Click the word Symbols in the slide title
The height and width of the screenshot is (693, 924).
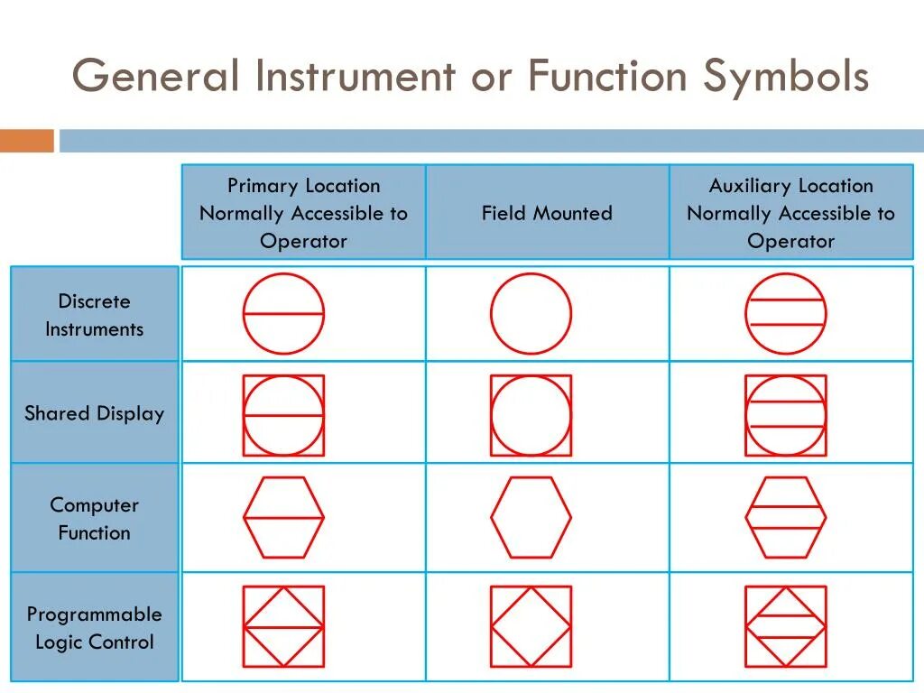point(785,76)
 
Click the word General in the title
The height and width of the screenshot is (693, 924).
point(155,76)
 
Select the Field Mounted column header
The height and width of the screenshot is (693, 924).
point(547,214)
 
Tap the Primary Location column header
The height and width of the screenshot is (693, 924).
point(303,214)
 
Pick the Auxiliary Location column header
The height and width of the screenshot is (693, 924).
point(790,214)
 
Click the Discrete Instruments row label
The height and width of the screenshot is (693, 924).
point(94,315)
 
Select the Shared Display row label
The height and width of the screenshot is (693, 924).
point(94,414)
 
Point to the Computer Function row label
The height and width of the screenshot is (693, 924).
point(94,519)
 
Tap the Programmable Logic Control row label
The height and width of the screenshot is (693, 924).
point(94,628)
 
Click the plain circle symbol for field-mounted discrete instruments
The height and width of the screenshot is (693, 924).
point(531,314)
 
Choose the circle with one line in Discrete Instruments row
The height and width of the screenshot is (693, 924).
point(283,314)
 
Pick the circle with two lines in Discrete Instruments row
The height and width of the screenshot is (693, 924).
point(785,314)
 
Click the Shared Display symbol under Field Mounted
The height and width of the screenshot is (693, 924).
point(531,415)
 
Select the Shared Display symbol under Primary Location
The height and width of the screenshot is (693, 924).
point(283,415)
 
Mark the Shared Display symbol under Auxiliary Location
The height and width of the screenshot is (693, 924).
point(785,415)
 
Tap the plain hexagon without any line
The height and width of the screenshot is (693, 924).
point(531,517)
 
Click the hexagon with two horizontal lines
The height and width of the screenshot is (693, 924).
point(785,517)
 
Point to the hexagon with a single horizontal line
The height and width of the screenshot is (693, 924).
point(283,517)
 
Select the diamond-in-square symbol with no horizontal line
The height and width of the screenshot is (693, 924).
point(531,626)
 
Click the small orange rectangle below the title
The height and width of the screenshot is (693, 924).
point(26,141)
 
